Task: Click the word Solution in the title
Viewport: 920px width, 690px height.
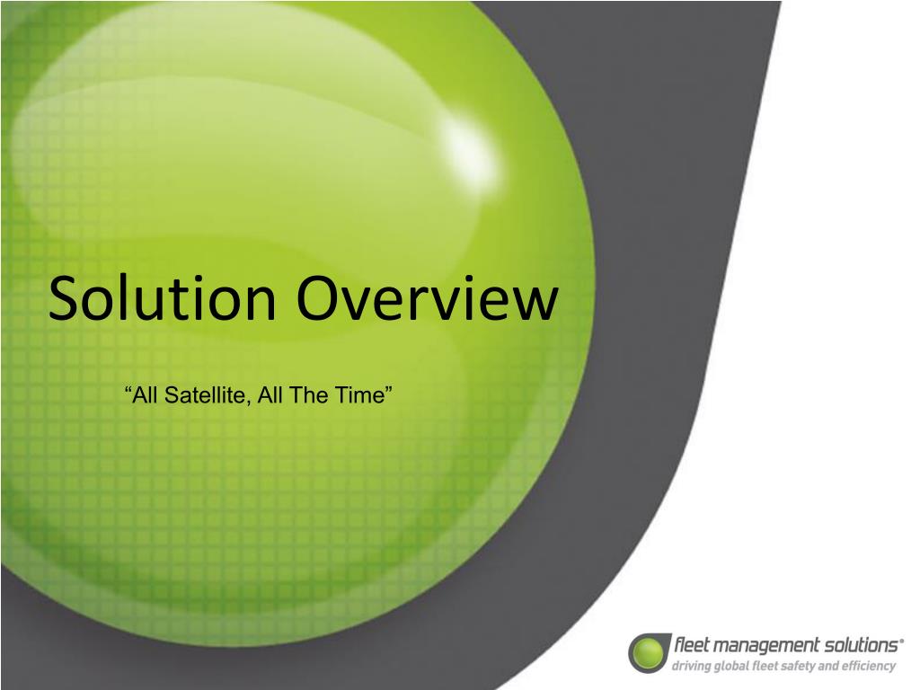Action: click(163, 298)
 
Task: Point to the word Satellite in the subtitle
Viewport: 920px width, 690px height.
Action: click(203, 395)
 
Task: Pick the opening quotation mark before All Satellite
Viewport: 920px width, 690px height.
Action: click(128, 389)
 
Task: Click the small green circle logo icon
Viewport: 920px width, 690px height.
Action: click(649, 652)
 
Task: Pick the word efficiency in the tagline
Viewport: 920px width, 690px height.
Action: click(869, 666)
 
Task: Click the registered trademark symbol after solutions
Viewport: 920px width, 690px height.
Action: click(901, 641)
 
